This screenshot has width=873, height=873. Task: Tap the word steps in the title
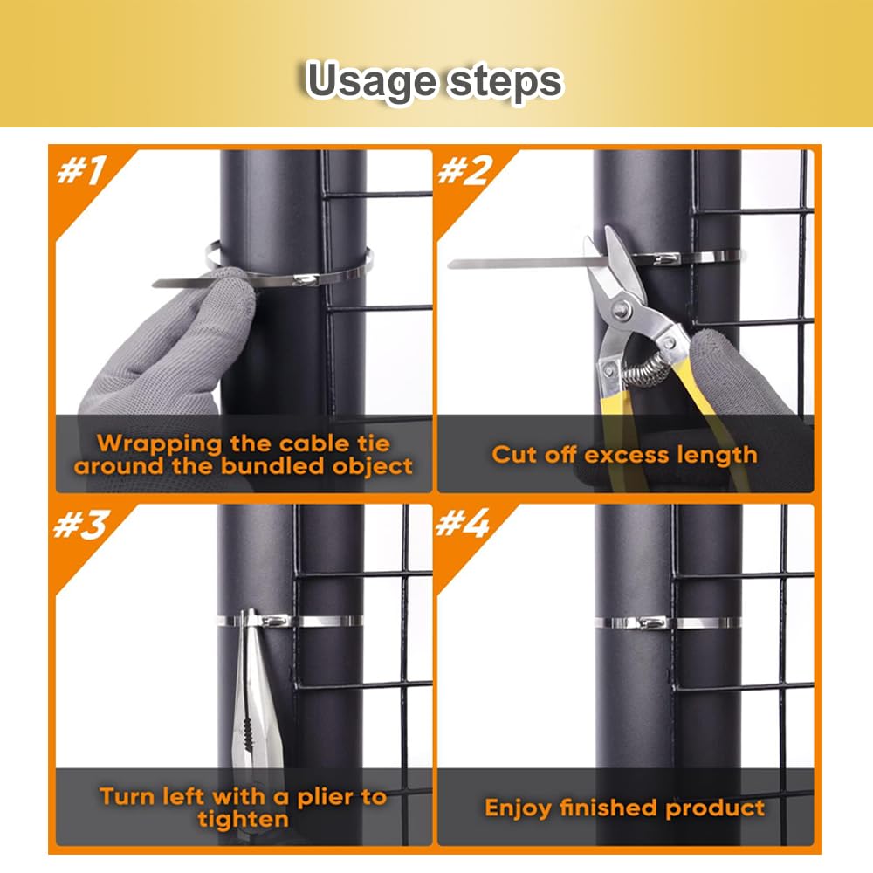[505, 82]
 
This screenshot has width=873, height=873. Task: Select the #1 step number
[81, 170]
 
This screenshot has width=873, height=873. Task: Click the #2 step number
[465, 170]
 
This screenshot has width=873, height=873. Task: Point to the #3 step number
[80, 524]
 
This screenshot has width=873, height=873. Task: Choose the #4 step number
[463, 523]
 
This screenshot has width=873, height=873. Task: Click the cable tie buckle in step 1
[305, 279]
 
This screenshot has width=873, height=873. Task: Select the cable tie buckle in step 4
[651, 622]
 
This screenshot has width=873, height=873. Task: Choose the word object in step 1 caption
[373, 467]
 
